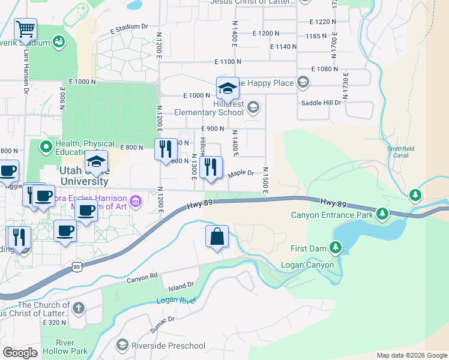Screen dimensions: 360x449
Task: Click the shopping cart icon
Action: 26,29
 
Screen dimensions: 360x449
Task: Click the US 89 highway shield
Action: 76,266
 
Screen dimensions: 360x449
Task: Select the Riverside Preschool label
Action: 169,346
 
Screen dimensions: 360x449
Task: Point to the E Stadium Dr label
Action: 128,27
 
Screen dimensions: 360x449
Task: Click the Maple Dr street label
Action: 241,174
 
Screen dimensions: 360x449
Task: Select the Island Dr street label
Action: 181,286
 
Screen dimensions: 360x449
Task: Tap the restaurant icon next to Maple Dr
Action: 210,167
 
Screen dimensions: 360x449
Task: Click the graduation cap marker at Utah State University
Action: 96,161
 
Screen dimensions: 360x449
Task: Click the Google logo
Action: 20,353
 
